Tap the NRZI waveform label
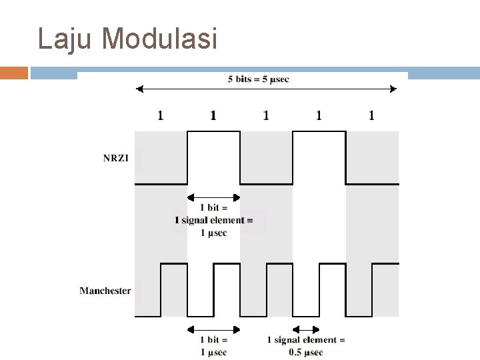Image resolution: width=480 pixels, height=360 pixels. (x=117, y=158)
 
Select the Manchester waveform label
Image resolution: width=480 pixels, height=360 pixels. (x=105, y=291)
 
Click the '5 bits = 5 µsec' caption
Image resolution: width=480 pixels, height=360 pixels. (x=259, y=79)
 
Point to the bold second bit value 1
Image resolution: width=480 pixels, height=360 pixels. (x=213, y=116)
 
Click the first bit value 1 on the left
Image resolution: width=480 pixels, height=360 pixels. (x=160, y=116)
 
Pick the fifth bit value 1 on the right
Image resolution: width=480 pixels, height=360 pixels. (x=371, y=116)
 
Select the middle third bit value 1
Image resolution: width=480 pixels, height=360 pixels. (x=266, y=116)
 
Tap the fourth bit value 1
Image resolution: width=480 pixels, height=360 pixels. (x=319, y=116)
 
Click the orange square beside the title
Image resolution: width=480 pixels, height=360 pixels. (x=14, y=72)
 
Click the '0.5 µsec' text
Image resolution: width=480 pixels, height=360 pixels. (x=306, y=352)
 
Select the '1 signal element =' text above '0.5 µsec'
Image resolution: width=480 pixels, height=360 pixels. (x=306, y=340)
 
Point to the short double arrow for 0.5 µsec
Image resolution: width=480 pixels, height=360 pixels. (x=306, y=329)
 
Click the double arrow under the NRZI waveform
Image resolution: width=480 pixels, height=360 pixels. (x=213, y=197)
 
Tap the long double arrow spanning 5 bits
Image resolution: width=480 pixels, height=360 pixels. (x=267, y=89)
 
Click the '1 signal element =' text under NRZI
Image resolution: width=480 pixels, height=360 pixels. (x=213, y=221)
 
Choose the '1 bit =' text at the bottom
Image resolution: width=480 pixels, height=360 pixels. (x=213, y=340)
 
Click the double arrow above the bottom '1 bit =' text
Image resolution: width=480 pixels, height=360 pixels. (x=213, y=329)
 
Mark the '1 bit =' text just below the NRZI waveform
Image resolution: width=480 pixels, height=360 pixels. (x=213, y=209)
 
